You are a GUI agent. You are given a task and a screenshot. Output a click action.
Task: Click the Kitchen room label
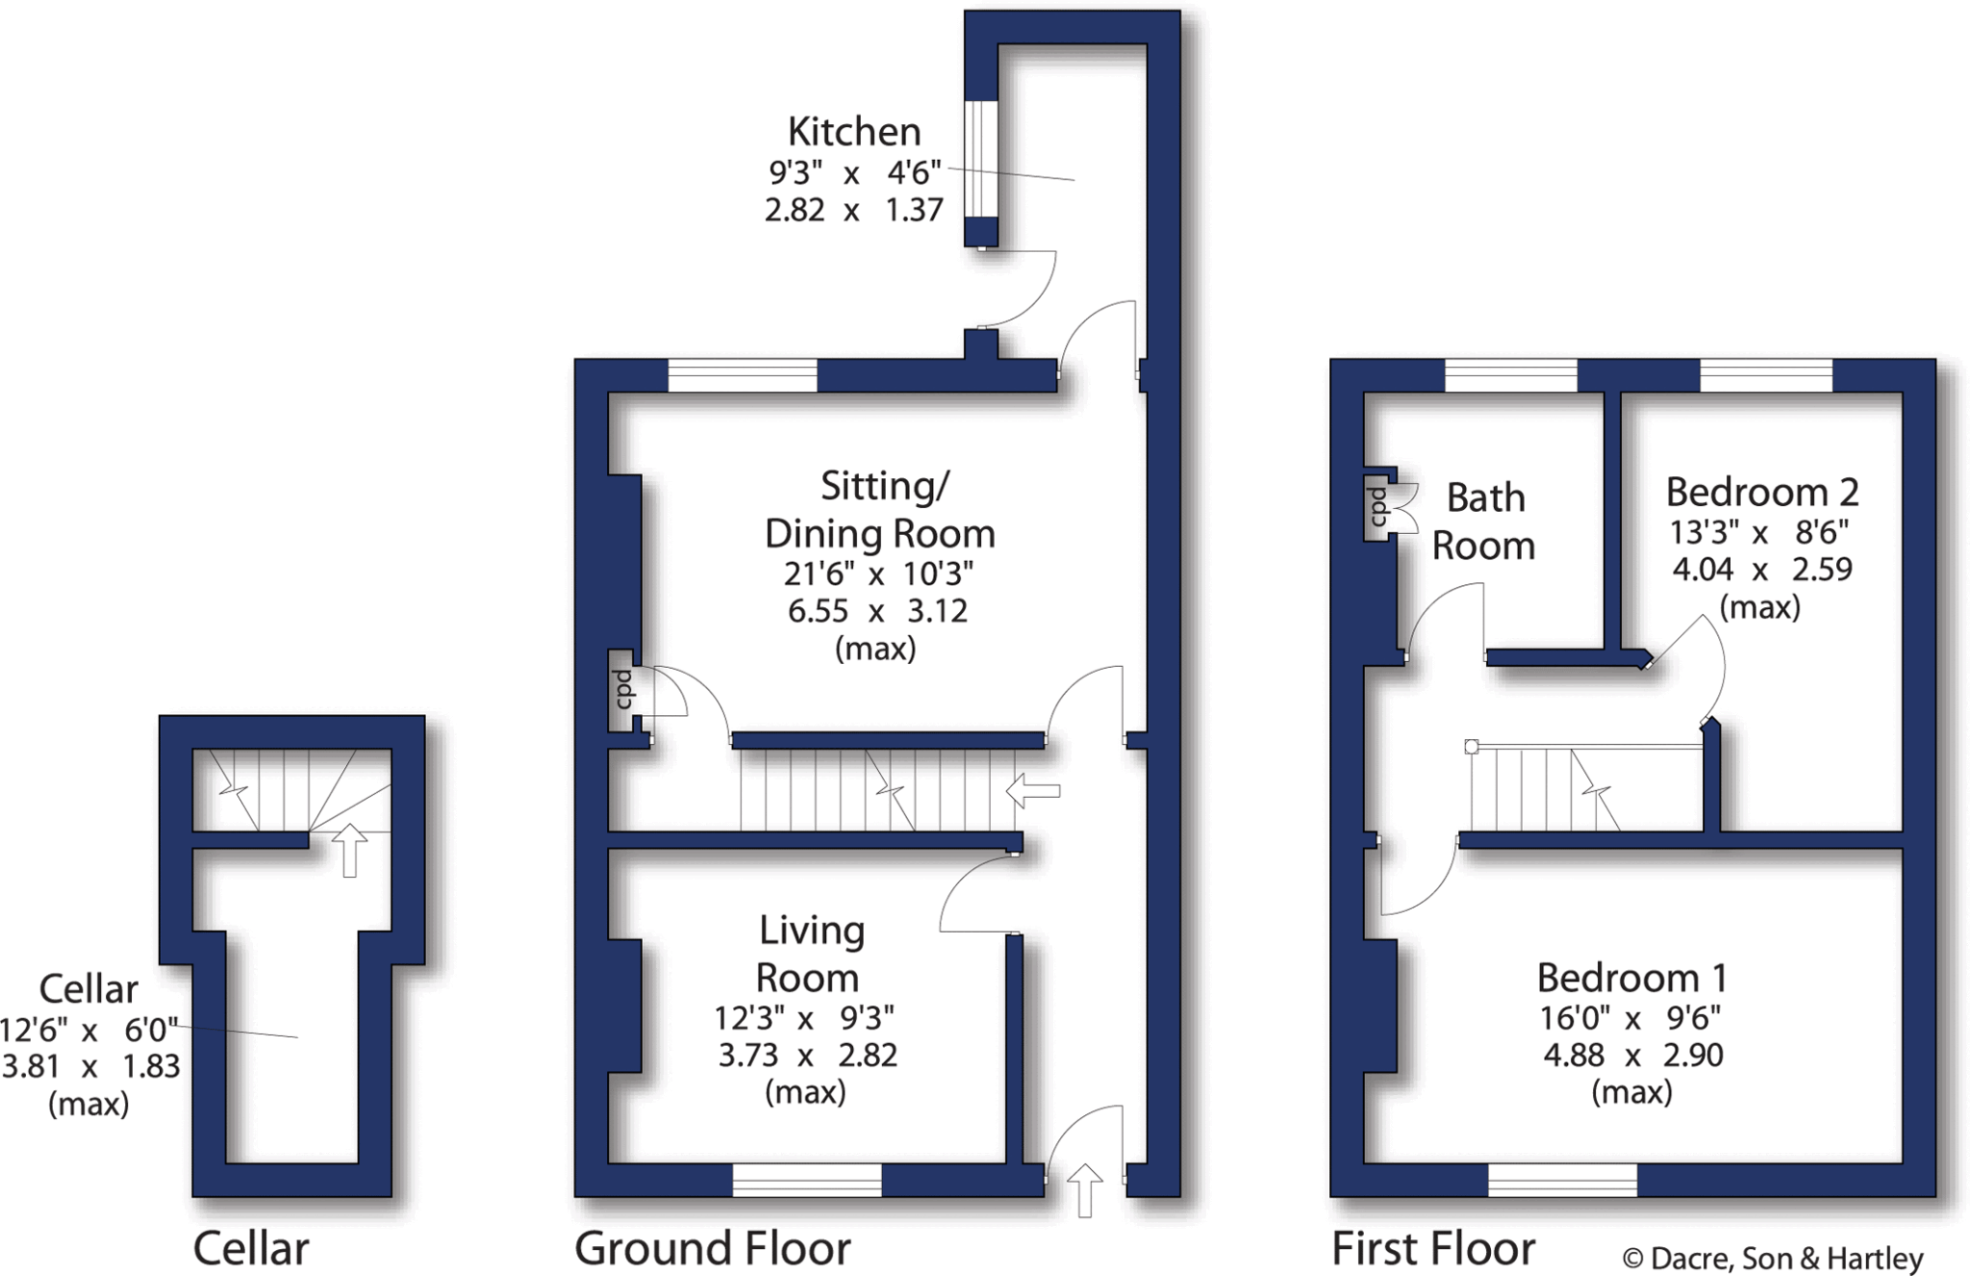point(853,132)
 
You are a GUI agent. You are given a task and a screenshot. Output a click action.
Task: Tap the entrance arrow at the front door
point(1084,1189)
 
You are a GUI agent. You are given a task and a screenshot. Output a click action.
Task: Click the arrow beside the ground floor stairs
point(1033,791)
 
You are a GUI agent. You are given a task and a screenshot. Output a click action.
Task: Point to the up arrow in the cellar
point(349,850)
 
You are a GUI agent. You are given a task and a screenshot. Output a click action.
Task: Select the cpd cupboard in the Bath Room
point(1376,506)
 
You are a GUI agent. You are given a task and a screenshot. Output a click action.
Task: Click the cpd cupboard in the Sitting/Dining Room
point(622,690)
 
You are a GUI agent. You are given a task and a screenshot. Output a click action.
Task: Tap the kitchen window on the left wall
point(980,159)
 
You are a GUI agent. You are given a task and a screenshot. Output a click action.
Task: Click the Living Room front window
point(806,1180)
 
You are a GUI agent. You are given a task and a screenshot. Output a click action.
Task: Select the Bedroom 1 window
point(1561,1180)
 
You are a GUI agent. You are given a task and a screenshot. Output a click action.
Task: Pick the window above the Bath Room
point(1510,375)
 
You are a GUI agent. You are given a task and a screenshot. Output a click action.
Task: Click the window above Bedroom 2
point(1765,375)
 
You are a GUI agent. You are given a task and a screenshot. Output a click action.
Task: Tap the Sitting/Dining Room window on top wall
point(742,375)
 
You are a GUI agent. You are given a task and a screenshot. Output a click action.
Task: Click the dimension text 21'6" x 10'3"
point(877,574)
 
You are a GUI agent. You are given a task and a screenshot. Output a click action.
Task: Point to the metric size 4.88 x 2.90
point(1632,1056)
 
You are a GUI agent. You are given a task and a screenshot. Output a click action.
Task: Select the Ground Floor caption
point(712,1249)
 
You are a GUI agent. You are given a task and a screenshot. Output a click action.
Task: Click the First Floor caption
point(1432,1249)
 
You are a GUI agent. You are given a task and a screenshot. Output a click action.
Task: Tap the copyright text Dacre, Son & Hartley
point(1772,1259)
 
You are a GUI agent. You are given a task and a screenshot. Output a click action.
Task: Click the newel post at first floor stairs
point(1471,747)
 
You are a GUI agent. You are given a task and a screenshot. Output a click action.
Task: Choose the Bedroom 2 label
point(1761,493)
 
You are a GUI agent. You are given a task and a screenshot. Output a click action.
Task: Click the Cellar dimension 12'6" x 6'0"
point(88,1031)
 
